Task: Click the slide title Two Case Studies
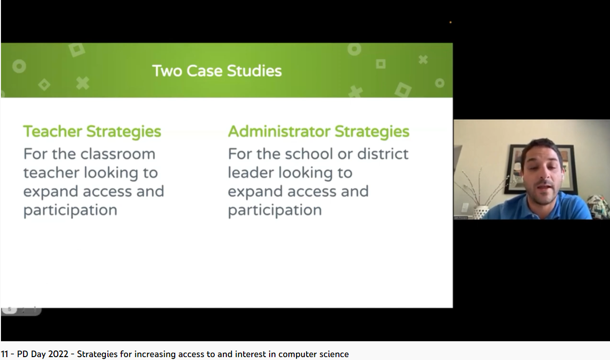(217, 71)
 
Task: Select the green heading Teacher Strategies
(92, 131)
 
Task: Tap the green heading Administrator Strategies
(318, 131)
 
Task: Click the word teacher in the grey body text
(51, 173)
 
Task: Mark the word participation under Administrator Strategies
(274, 210)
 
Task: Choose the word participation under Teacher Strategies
(70, 210)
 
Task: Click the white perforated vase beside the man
(480, 212)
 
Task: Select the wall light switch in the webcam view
(465, 207)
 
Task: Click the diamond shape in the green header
(44, 85)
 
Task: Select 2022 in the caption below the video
(58, 354)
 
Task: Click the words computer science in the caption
(313, 354)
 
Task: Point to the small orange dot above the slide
(450, 22)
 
